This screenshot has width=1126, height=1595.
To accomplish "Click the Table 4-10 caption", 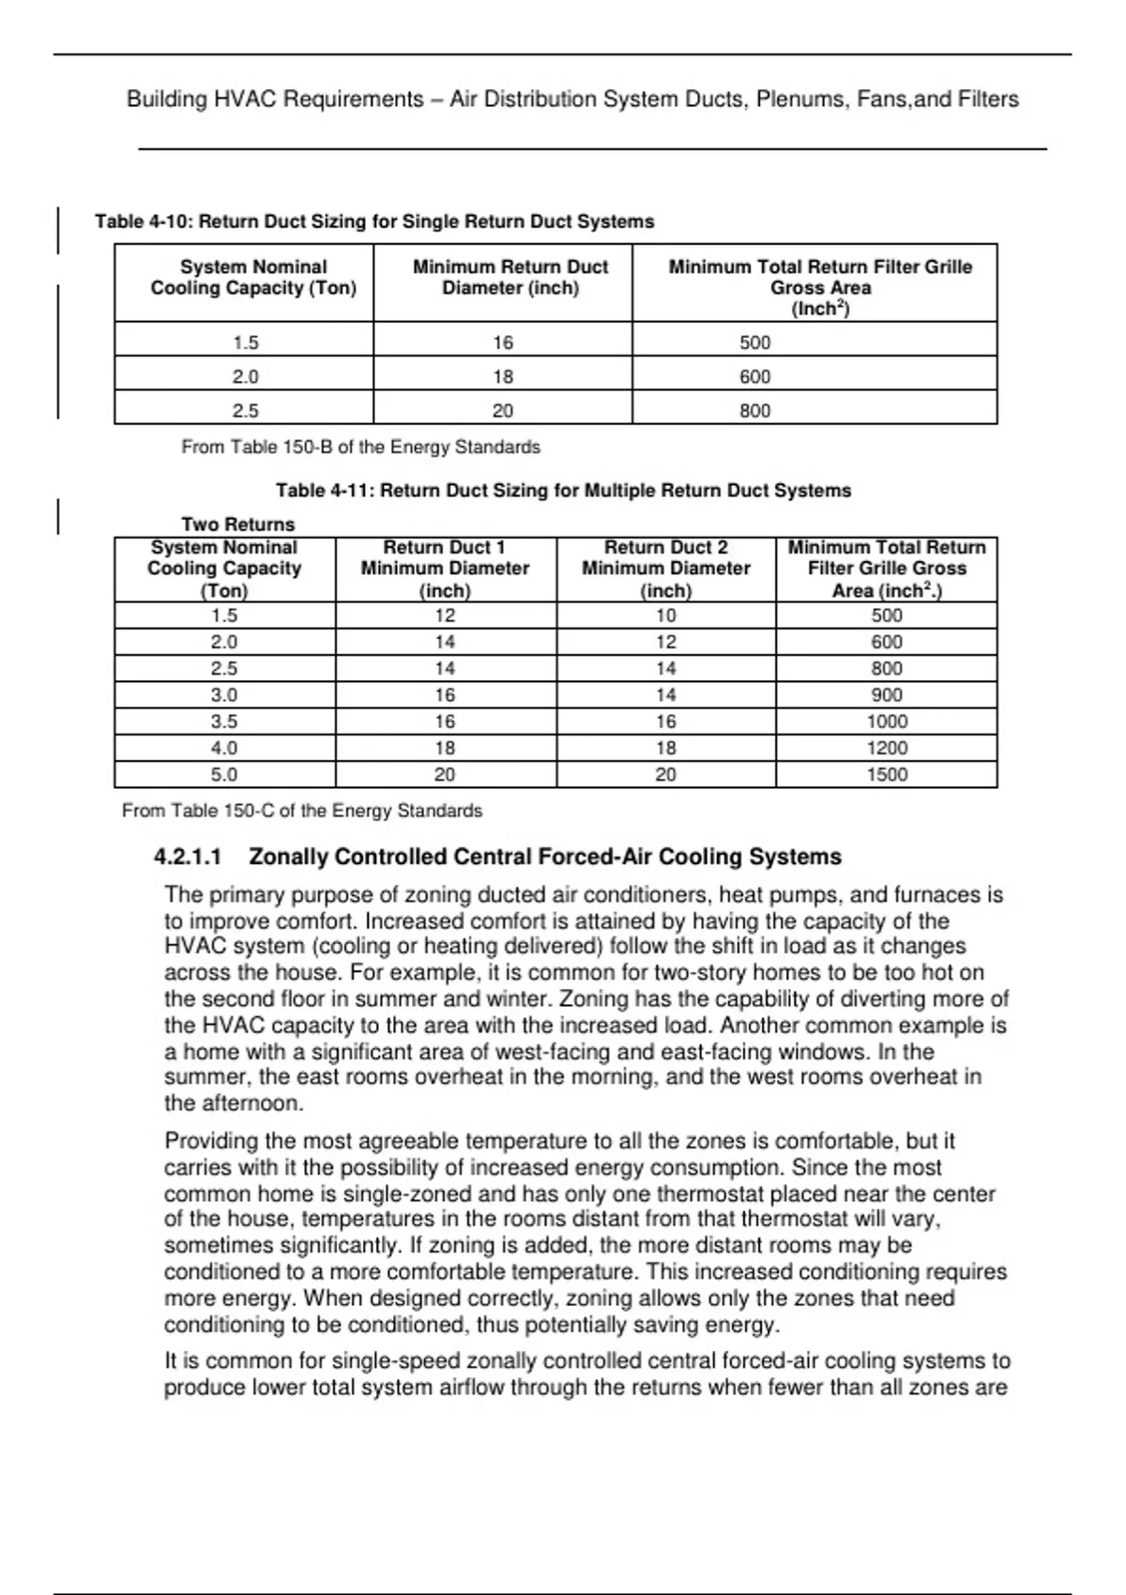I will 374,222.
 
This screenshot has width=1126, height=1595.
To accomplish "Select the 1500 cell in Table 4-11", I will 887,775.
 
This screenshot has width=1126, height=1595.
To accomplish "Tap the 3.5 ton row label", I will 224,722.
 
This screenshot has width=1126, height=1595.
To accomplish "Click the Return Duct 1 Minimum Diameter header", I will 445,569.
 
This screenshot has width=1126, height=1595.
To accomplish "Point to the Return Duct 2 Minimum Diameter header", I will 666,569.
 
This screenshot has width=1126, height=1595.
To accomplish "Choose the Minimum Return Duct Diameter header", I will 510,278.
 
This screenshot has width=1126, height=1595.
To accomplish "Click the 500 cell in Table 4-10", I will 755,343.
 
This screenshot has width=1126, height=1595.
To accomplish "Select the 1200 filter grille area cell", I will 887,749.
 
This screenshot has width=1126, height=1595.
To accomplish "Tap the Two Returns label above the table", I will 237,524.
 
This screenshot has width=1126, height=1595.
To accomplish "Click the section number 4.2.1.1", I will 188,858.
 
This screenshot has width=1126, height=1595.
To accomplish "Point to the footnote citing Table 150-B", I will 360,448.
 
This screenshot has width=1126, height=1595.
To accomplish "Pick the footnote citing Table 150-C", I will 302,811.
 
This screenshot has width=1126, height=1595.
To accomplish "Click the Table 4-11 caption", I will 563,491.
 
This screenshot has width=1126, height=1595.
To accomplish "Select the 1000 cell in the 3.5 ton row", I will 887,722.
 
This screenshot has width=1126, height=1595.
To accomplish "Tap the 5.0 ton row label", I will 224,775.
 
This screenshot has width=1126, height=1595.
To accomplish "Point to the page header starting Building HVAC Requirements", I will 572,99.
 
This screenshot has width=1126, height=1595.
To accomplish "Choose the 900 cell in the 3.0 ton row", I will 887,695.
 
